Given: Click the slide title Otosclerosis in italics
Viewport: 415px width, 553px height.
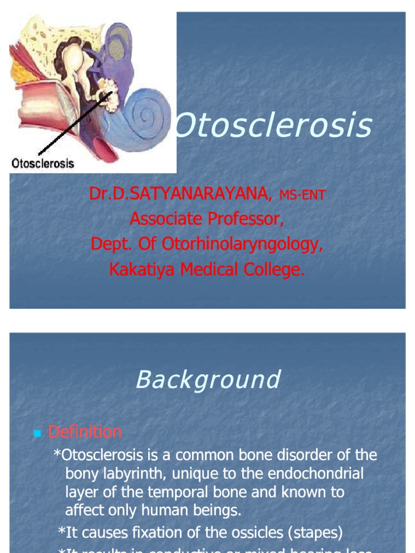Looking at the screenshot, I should point(275,125).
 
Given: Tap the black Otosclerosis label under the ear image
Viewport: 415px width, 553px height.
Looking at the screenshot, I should point(43,163).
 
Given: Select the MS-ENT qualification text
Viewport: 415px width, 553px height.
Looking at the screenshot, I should point(302,195).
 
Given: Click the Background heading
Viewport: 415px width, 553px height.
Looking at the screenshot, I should point(207,380).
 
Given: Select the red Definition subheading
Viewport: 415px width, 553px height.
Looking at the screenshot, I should point(85,432).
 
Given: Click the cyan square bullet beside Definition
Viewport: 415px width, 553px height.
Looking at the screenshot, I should point(37,433).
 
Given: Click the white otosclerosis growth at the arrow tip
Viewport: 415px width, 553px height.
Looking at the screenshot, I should point(110,93).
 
